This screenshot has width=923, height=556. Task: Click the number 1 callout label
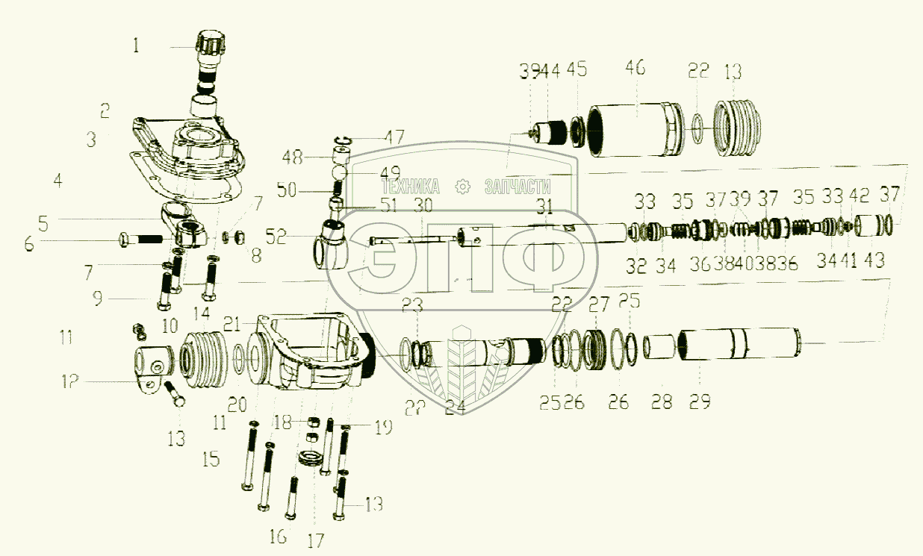(135, 46)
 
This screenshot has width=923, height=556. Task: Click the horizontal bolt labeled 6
(146, 240)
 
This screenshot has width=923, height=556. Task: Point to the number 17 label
(316, 541)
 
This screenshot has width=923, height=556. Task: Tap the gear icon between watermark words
(464, 186)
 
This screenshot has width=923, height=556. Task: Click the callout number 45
(577, 71)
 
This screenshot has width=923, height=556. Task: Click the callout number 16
(277, 536)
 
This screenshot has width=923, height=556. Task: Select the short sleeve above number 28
(660, 347)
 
